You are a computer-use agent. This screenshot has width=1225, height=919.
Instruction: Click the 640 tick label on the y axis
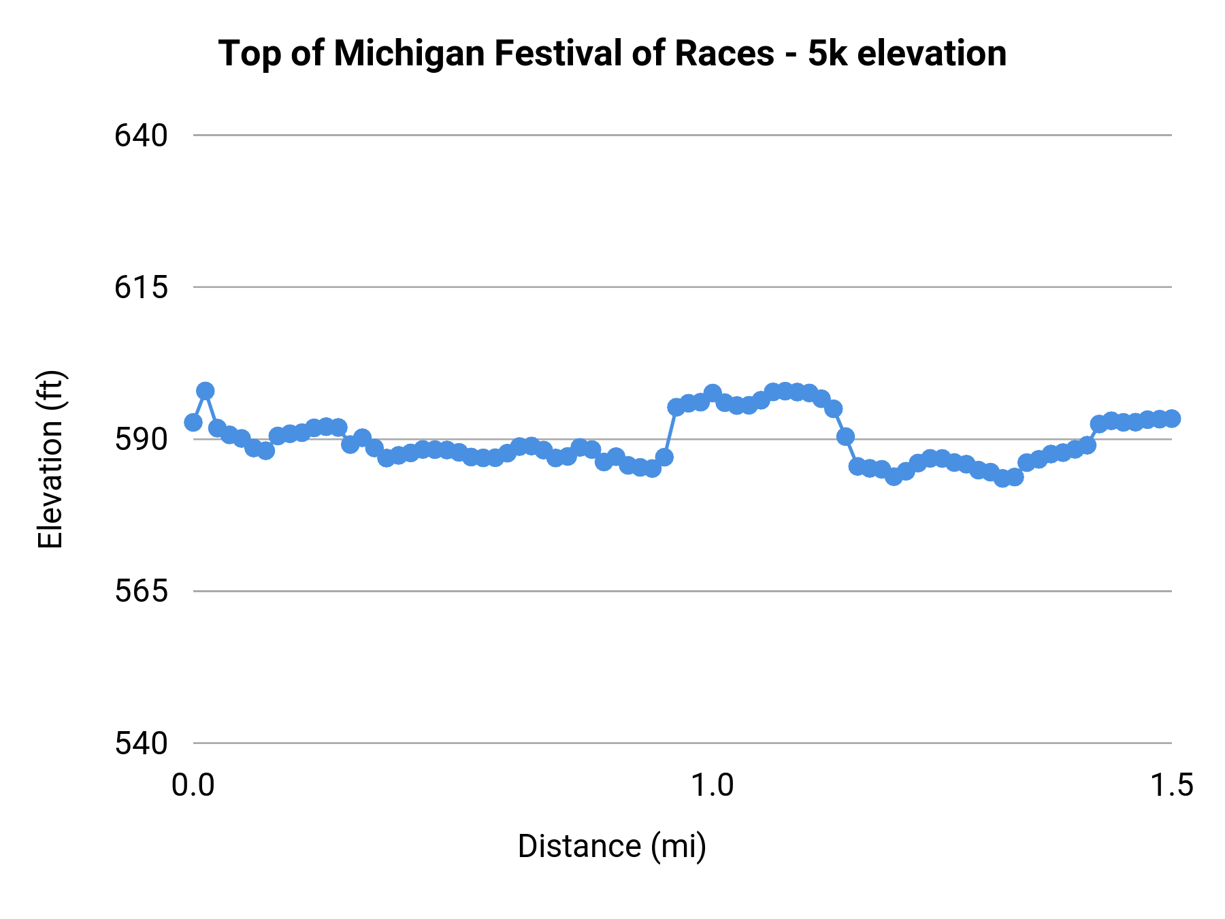[x=141, y=136]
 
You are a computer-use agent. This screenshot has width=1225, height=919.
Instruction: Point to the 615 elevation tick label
[x=141, y=288]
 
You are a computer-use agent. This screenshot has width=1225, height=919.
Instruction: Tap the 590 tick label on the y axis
[x=141, y=440]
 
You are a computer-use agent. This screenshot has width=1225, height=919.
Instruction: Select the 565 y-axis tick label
[x=141, y=591]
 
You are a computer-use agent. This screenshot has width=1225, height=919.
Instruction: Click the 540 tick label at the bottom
[x=141, y=743]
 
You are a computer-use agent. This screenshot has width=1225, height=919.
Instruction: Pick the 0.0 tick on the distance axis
[x=193, y=786]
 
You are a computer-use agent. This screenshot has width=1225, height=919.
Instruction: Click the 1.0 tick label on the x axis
[x=713, y=786]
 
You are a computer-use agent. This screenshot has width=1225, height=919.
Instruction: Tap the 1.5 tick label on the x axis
[x=1171, y=786]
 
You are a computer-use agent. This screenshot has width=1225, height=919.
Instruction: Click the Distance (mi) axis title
[x=612, y=846]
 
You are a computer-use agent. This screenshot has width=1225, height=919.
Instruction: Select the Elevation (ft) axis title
[x=50, y=459]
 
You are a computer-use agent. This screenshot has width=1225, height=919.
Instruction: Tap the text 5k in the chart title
[x=828, y=53]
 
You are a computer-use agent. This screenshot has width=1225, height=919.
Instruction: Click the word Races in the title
[x=724, y=53]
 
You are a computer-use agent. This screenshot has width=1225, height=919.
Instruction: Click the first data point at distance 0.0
[x=193, y=423]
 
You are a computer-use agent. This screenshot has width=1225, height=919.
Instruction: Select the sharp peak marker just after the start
[x=206, y=391]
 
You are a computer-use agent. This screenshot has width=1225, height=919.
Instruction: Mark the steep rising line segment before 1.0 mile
[x=670, y=432]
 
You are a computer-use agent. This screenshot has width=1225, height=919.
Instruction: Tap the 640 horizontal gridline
[x=681, y=135]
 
